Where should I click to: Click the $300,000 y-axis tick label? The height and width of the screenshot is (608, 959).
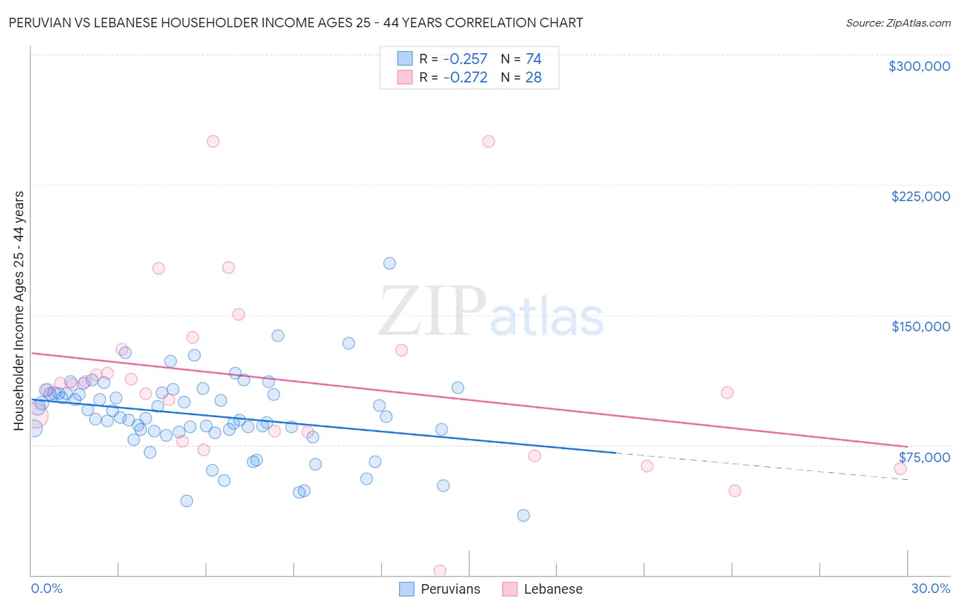(919, 66)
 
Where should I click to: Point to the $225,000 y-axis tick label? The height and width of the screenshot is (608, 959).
(920, 196)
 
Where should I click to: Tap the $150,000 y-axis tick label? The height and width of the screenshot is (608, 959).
(920, 326)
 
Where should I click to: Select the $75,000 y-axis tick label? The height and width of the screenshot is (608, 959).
(924, 457)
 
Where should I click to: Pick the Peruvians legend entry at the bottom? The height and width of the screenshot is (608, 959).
(440, 589)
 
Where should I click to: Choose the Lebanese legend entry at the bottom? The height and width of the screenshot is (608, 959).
(542, 589)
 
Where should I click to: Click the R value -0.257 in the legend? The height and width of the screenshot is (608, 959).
(465, 59)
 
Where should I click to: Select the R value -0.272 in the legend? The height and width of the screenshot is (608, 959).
(465, 78)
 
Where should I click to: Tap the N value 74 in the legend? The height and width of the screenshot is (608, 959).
(533, 59)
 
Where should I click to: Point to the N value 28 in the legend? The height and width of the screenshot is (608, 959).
(533, 78)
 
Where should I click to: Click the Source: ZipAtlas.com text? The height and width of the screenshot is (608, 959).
(898, 23)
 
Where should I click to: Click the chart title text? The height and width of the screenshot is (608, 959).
(295, 23)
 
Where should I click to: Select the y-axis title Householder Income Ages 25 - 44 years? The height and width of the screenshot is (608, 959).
(19, 311)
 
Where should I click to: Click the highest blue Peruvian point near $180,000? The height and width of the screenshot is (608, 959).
(389, 263)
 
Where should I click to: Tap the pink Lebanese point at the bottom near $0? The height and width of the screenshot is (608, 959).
(440, 571)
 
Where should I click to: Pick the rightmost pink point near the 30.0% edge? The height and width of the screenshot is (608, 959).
(900, 468)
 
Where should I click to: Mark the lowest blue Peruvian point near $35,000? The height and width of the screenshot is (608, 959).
(523, 515)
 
